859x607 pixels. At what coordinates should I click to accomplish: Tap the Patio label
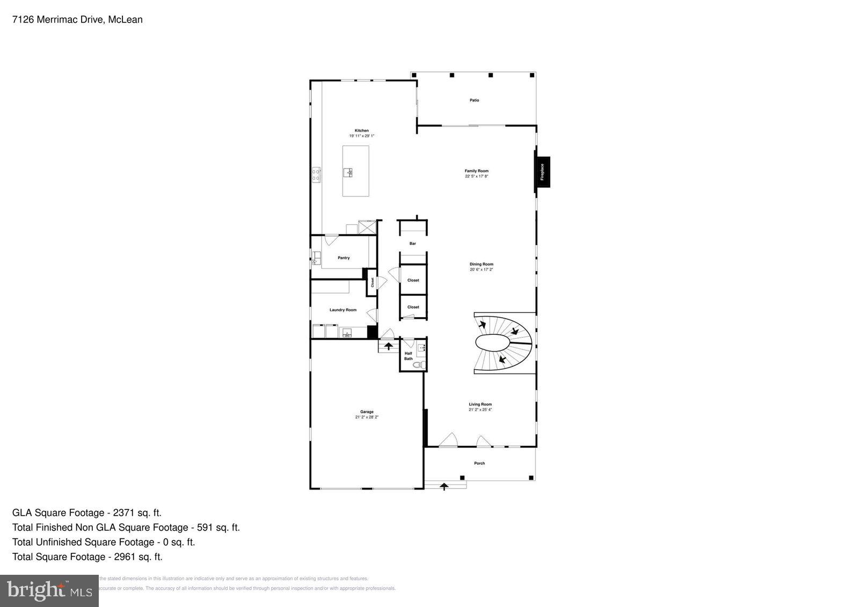[x=474, y=100]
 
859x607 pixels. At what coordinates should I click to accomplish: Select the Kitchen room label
[x=361, y=130]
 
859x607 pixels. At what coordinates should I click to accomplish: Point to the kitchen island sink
[x=348, y=172]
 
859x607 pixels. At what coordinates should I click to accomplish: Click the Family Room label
[x=476, y=171]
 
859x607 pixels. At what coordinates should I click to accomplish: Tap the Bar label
[x=412, y=244]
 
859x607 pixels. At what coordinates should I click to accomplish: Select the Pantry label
[x=344, y=258]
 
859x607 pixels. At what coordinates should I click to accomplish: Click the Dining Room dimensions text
[x=481, y=270]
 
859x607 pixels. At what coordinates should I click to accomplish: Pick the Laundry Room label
[x=343, y=310]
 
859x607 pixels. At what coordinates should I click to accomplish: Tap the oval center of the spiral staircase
[x=492, y=342]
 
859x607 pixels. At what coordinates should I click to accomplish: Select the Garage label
[x=367, y=412]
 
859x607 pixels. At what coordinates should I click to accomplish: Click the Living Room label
[x=480, y=404]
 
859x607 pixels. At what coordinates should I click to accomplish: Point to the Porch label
[x=479, y=463]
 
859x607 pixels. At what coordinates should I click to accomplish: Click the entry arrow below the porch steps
[x=444, y=487]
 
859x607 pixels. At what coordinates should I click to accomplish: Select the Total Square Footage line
[x=88, y=557]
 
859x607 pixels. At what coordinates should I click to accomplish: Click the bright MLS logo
[x=49, y=590]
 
